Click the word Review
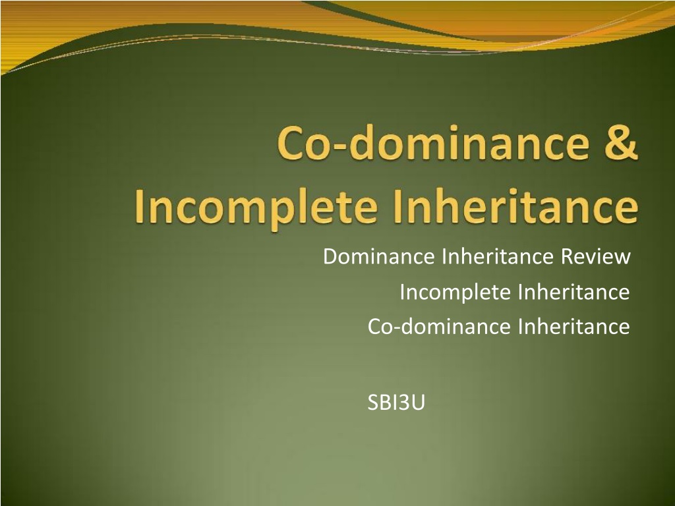click(x=596, y=256)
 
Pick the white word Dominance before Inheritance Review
click(x=379, y=256)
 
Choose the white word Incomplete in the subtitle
click(x=455, y=293)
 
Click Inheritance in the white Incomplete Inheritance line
click(x=574, y=292)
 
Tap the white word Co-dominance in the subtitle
click(x=439, y=326)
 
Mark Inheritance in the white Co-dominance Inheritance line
click(x=574, y=326)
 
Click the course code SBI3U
click(x=396, y=403)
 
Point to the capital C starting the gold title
click(x=293, y=142)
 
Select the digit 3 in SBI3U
click(x=404, y=403)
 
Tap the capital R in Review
click(x=567, y=256)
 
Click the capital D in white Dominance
click(x=330, y=256)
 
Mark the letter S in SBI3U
click(x=373, y=403)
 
